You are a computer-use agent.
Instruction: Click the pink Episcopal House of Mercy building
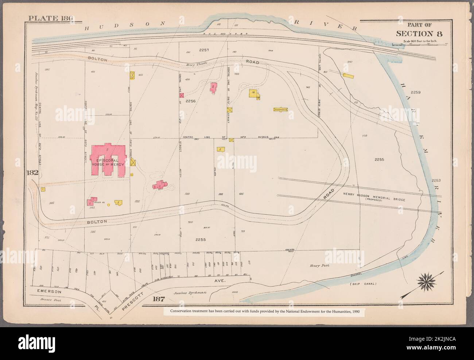[x=108, y=160]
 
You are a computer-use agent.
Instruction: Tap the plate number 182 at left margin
[x=32, y=173]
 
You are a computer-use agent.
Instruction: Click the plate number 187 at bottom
[x=159, y=299]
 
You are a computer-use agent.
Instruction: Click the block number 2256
[x=191, y=100]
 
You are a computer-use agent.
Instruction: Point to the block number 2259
[x=415, y=93]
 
